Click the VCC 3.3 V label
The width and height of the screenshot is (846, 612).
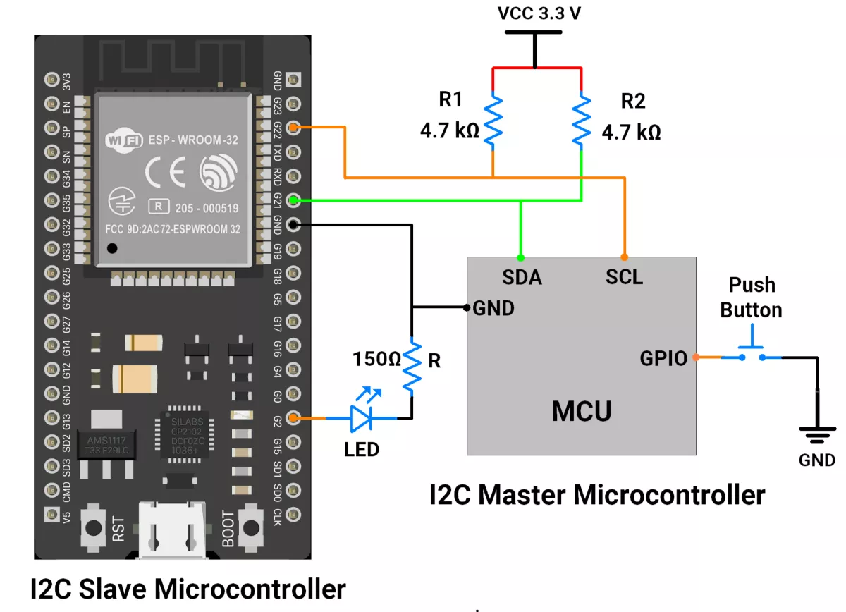[x=539, y=13]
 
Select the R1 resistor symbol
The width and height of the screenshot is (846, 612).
[x=493, y=120]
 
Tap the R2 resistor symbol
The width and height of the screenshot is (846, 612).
[x=582, y=120]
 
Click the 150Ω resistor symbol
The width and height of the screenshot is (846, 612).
[x=412, y=367]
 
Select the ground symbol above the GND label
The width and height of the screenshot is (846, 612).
[x=817, y=434]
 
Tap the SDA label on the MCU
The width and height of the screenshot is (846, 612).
[x=522, y=277]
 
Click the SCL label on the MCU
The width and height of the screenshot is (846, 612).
[x=624, y=277]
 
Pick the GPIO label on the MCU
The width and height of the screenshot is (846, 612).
[x=663, y=358]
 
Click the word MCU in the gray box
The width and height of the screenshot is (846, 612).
[x=582, y=410]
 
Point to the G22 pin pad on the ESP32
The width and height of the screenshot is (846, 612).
[x=294, y=128]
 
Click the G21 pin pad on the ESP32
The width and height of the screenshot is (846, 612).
[x=294, y=200]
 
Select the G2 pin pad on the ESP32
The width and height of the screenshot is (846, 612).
[x=294, y=419]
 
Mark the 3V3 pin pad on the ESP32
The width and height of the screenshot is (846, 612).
[x=51, y=79]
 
